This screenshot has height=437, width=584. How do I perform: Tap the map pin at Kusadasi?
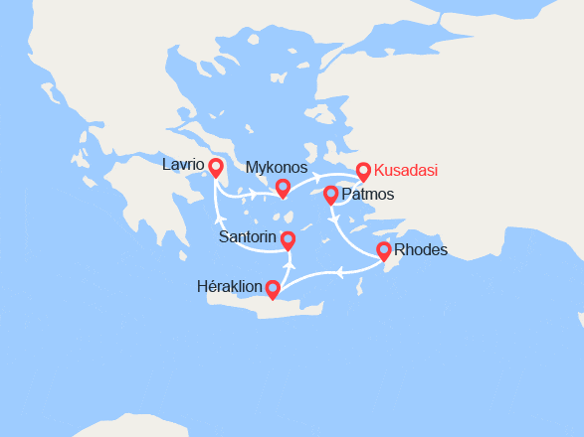point(363,172)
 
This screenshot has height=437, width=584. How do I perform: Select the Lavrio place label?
point(183,164)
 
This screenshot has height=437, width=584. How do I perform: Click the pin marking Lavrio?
point(215,167)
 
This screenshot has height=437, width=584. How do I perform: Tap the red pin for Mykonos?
point(283,188)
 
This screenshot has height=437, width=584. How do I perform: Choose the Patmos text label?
point(367,195)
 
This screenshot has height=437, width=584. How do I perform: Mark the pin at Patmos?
point(331,195)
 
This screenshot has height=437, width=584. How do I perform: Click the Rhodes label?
point(421,249)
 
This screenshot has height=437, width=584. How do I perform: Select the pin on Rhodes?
point(384,251)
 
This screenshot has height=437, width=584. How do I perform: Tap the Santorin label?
point(249,238)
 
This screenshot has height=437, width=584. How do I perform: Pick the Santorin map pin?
point(288,240)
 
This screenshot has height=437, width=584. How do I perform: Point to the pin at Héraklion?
point(273,288)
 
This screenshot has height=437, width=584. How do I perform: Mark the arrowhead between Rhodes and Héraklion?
point(339,271)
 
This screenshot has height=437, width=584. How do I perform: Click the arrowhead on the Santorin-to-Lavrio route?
point(219,218)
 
